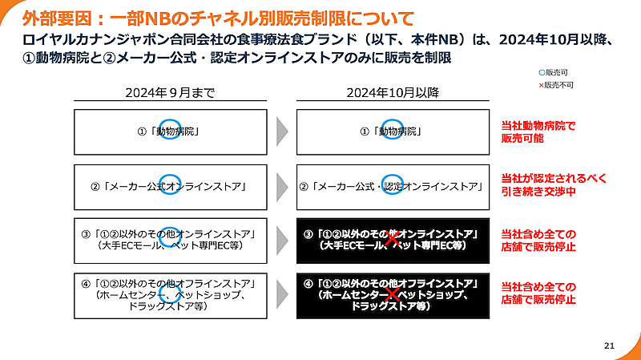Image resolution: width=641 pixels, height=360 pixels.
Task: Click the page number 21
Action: click(x=609, y=346)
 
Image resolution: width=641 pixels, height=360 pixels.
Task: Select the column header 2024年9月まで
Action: click(x=170, y=92)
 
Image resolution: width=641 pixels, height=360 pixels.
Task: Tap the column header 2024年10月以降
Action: click(x=393, y=92)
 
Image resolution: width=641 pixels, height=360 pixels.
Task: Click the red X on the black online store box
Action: click(x=392, y=239)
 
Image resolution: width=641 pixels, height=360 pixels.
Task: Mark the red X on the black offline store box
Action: click(x=392, y=296)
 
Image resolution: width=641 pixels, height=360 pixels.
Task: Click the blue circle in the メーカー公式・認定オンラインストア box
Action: click(x=392, y=185)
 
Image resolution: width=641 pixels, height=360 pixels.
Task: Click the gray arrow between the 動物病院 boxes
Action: click(x=280, y=131)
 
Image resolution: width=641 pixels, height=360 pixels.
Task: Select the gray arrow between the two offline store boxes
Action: click(x=280, y=295)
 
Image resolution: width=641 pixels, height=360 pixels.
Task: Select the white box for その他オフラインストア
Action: click(x=170, y=295)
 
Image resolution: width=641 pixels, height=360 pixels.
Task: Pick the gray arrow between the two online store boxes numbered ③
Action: click(x=280, y=239)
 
